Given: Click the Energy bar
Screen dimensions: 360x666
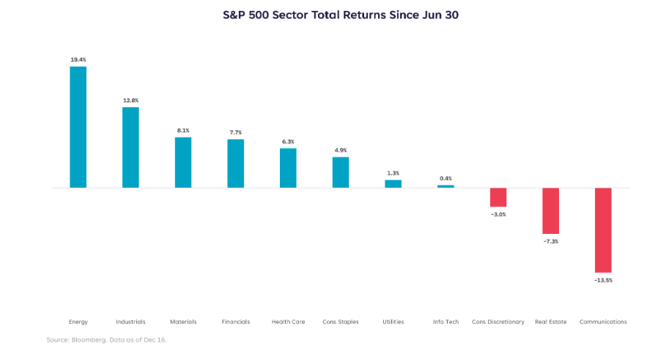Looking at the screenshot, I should [x=78, y=127].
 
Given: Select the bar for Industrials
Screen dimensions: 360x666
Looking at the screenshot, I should [x=130, y=147].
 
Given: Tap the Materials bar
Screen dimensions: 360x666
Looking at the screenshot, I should [x=183, y=162].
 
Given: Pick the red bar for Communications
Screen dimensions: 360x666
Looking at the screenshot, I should [x=603, y=230].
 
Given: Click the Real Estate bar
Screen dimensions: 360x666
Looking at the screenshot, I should [x=550, y=210].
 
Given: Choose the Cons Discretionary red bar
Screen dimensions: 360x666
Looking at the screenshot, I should [x=498, y=197].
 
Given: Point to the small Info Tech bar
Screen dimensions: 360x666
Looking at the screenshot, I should [x=445, y=186].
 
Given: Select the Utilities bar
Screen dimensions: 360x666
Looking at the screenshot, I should [x=393, y=183].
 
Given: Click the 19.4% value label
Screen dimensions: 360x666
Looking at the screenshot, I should [x=78, y=59].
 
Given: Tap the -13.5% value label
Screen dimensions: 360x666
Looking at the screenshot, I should [x=603, y=280].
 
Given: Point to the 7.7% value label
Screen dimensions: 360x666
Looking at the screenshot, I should [x=235, y=132].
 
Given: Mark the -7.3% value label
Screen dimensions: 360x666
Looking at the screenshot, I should [x=550, y=241].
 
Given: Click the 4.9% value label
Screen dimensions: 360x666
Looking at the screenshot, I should [x=341, y=150].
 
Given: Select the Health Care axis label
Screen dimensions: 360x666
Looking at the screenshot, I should [x=288, y=322].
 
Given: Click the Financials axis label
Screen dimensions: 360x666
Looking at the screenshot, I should [x=235, y=322].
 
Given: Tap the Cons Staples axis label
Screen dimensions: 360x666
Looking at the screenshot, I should [x=341, y=322].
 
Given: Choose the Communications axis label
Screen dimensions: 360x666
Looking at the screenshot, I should [x=603, y=322].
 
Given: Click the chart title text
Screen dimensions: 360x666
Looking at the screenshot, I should [x=340, y=15].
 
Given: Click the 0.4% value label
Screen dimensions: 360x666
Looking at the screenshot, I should [x=445, y=178].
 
